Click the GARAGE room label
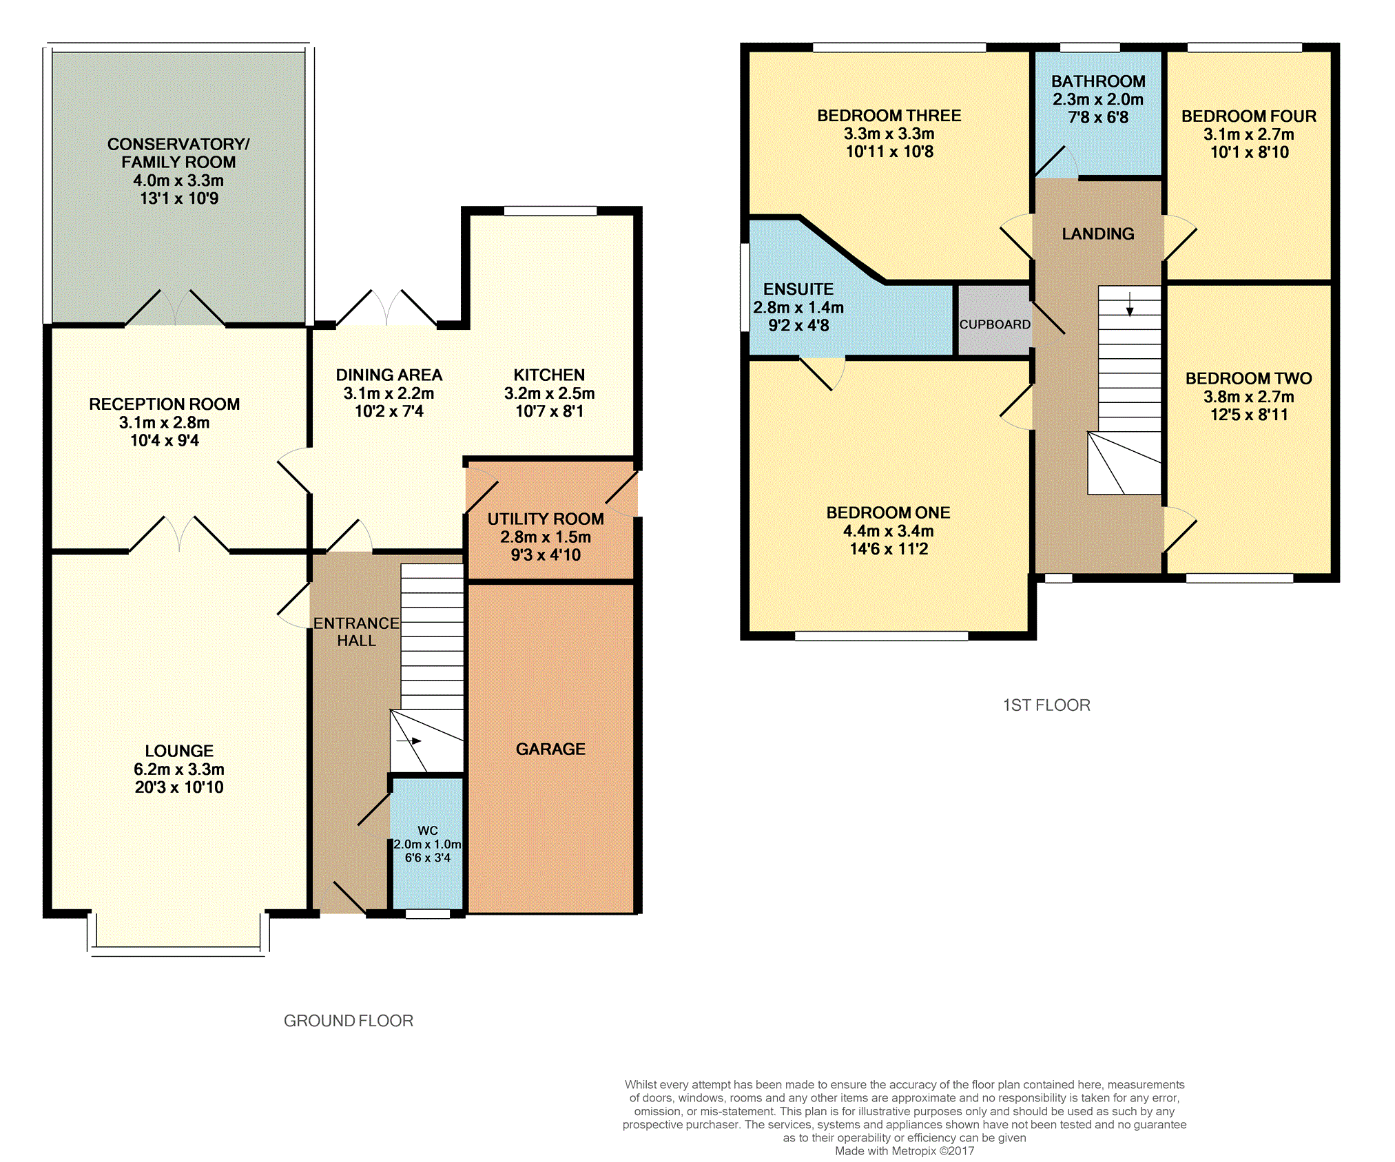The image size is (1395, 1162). click(550, 749)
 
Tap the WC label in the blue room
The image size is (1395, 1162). click(428, 831)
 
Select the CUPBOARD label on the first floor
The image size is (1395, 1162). click(995, 324)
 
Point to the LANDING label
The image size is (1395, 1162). click(1098, 234)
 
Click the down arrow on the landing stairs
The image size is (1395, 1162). click(1130, 304)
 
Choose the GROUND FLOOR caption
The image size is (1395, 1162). click(349, 1021)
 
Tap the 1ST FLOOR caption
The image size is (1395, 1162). click(1046, 705)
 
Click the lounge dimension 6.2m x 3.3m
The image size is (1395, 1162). click(179, 769)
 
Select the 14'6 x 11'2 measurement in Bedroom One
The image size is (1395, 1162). click(889, 549)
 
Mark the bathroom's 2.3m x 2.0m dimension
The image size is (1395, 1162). click(1098, 99)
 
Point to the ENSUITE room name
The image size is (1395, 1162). click(798, 289)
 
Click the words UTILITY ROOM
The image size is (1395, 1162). click(546, 519)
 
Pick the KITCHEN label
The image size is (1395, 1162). click(549, 375)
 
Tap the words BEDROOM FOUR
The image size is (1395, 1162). click(1249, 116)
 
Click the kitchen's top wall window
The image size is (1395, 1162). click(550, 211)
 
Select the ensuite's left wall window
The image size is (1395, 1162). click(745, 287)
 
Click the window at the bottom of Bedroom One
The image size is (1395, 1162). click(882, 636)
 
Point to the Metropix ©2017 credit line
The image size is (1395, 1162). click(905, 1151)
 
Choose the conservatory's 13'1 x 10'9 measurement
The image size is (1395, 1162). click(179, 198)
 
